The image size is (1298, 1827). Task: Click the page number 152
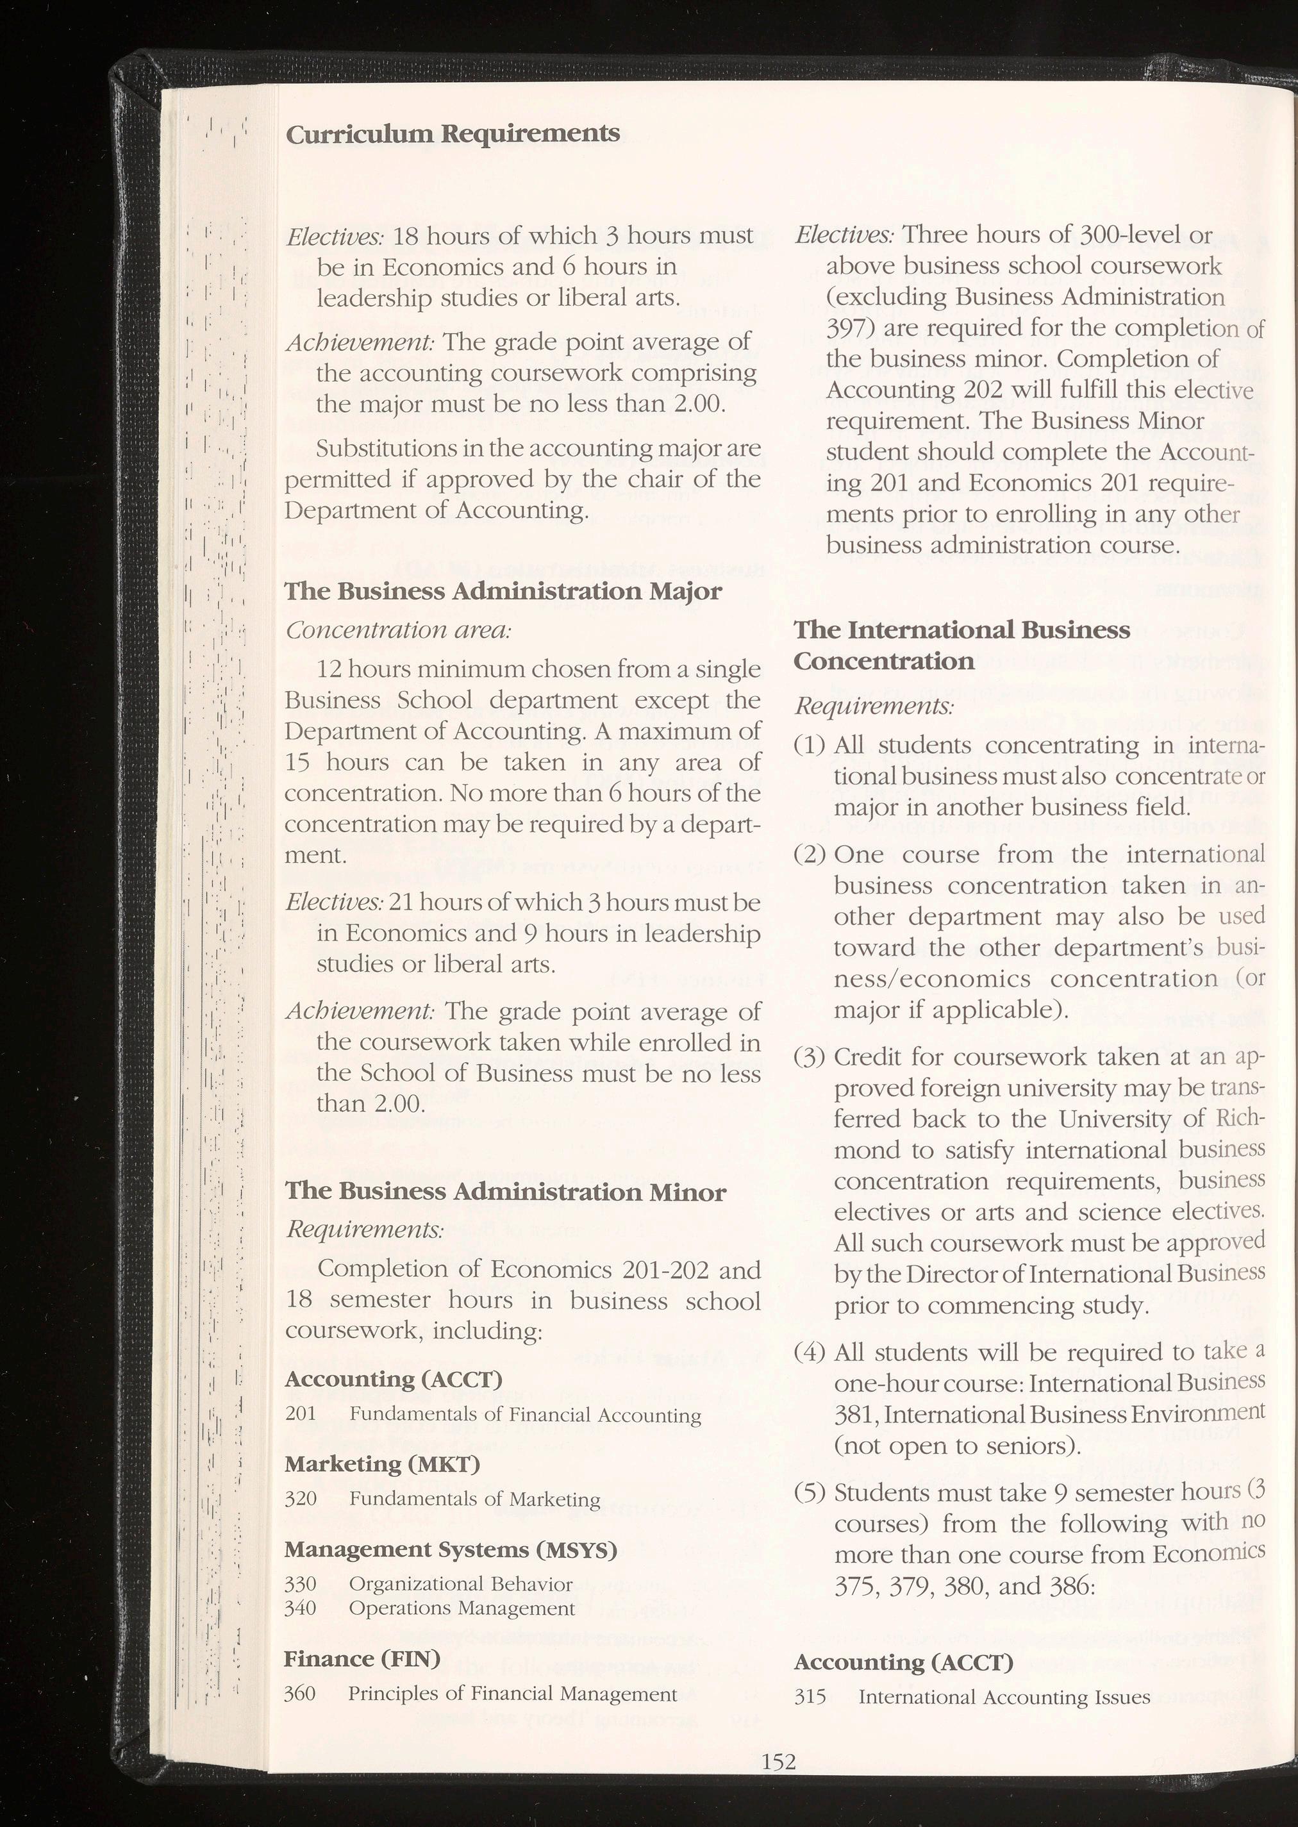tap(779, 1761)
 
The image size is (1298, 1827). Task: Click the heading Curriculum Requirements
tap(453, 133)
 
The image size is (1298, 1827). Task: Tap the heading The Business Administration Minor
tap(505, 1192)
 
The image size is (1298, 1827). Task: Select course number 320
tap(301, 1499)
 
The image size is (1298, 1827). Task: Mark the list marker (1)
tap(809, 746)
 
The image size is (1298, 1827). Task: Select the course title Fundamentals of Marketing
tap(475, 1499)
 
